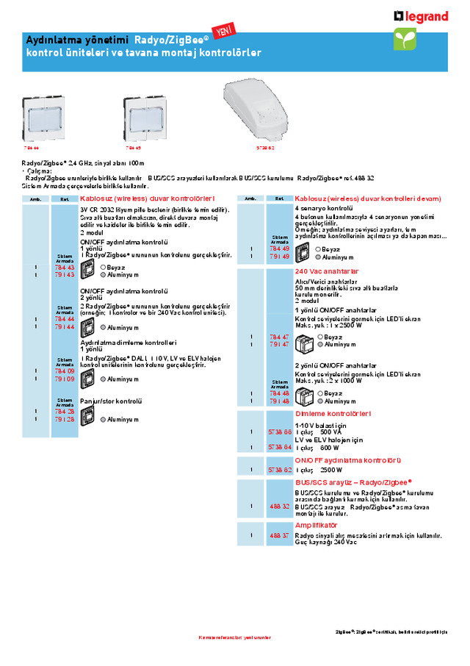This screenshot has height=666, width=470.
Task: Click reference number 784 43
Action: click(65, 268)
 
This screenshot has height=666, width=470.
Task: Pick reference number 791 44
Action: click(65, 326)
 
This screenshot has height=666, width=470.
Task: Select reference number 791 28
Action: click(65, 419)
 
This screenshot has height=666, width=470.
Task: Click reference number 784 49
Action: click(280, 248)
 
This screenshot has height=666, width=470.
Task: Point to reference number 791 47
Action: click(280, 344)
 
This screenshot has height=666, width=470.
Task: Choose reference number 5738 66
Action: click(280, 432)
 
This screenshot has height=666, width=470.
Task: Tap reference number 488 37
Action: click(280, 536)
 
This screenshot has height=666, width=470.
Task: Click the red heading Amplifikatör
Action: click(316, 526)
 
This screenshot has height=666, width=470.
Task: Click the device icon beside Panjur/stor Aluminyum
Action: click(87, 417)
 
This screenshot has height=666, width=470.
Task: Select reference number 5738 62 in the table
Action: click(280, 469)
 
